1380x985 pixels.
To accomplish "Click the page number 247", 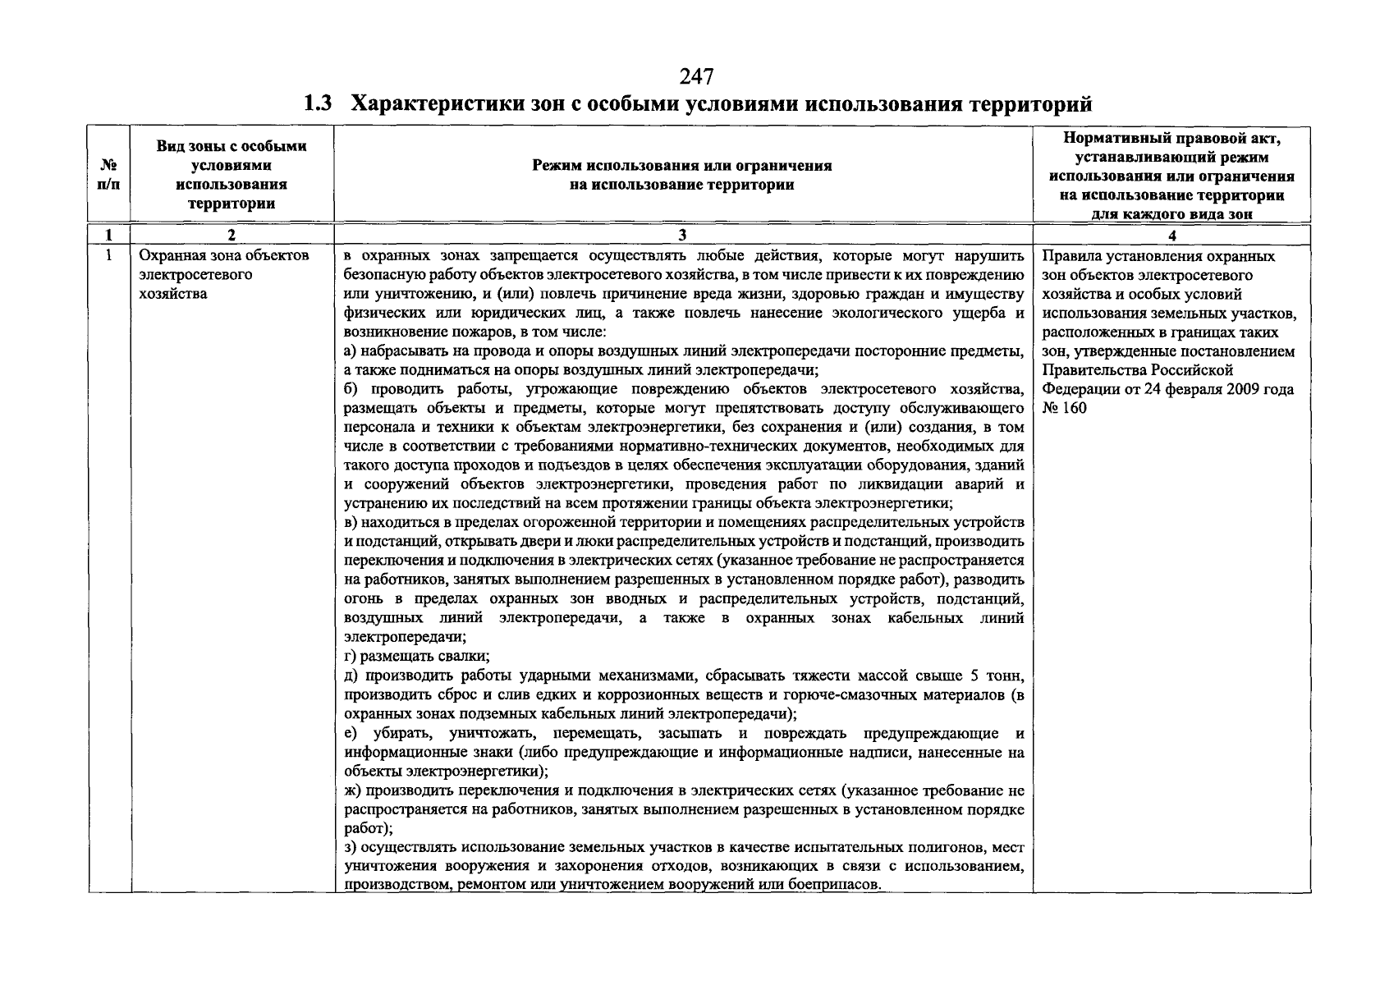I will [x=696, y=77].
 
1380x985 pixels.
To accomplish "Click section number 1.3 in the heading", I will [x=318, y=104].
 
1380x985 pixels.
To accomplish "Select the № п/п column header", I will [x=108, y=174].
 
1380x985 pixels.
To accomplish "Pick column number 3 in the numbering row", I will [x=682, y=236].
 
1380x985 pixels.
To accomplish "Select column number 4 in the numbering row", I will [x=1171, y=236].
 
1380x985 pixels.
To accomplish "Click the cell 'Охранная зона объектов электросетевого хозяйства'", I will [x=223, y=274].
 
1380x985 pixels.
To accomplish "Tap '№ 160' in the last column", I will [x=1064, y=407].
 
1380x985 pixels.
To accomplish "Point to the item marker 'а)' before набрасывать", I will [x=349, y=351].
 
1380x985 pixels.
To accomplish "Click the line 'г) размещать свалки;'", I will [x=417, y=656].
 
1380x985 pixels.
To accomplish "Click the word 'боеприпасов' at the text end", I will [x=838, y=885].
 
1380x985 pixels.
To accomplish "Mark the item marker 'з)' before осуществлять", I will [x=349, y=847].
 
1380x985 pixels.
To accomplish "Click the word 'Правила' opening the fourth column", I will [x=1066, y=256].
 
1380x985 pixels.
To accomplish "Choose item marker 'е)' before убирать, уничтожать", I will [x=350, y=733].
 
